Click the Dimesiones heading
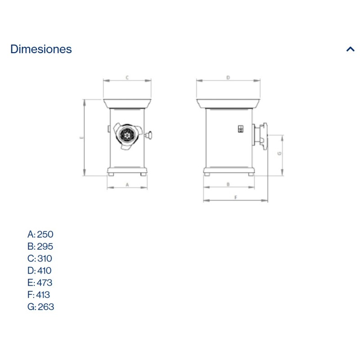tap(41, 49)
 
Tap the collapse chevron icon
tap(351, 49)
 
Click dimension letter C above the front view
tap(127, 77)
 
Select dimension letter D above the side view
tap(228, 77)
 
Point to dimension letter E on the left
tap(81, 138)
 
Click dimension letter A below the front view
tap(127, 184)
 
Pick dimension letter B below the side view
tap(228, 184)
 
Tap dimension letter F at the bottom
tap(235, 197)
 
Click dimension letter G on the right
tap(279, 153)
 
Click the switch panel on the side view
tap(240, 129)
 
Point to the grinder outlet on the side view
tap(261, 135)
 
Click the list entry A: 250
tap(40, 234)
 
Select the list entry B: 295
tap(40, 246)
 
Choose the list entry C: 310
tap(40, 258)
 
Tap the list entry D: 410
tap(40, 270)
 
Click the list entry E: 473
tap(40, 283)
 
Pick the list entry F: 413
tap(39, 295)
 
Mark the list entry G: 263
tap(40, 307)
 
